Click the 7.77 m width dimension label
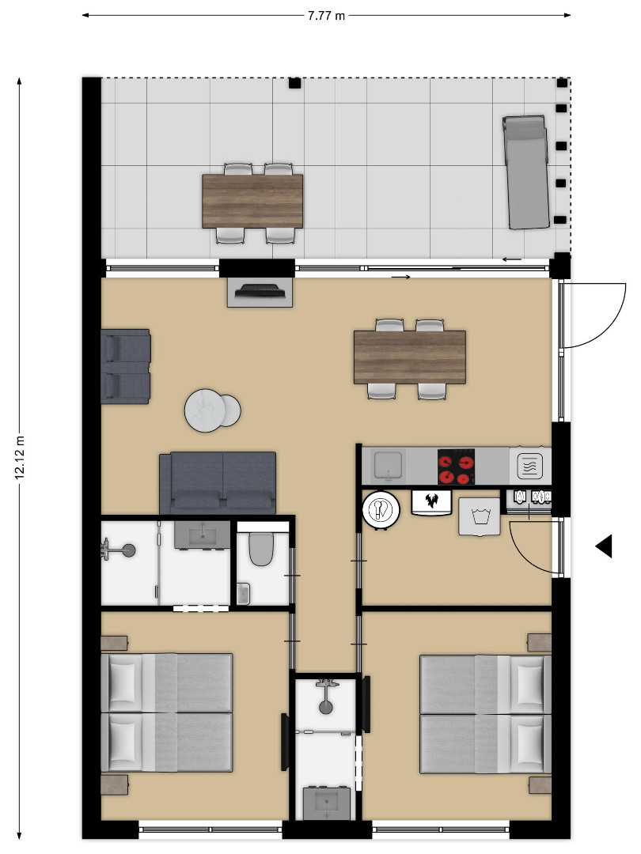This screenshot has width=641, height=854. coord(326,15)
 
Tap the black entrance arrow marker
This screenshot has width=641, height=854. coord(603,546)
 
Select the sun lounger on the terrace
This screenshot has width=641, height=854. coord(525,172)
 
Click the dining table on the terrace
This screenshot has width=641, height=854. coord(252,201)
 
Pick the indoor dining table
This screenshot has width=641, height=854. coord(410,357)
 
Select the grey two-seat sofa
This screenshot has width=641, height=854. coord(218,483)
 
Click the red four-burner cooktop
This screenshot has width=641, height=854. coord(457,467)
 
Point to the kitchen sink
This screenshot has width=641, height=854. coord(388,466)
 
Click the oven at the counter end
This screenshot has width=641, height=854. coord(530,467)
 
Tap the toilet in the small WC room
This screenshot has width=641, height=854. coord(261,547)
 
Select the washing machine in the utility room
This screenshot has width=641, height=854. coord(480,516)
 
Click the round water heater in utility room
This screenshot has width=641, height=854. coord(381,510)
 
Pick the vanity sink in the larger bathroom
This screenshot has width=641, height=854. coord(203,535)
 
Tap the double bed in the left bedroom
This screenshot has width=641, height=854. coord(167,712)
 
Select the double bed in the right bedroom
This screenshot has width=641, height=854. coord(485,714)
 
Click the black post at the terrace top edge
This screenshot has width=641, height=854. coord(294,83)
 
